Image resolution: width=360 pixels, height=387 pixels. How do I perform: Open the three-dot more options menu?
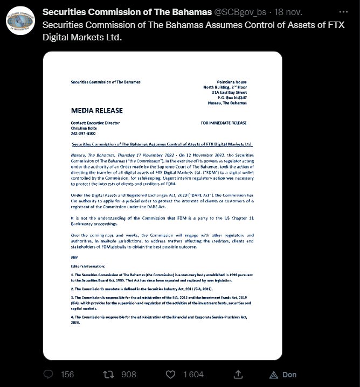[x=343, y=11]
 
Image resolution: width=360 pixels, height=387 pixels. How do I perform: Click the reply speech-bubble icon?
[x=49, y=374]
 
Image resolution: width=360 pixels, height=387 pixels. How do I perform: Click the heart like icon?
[x=170, y=374]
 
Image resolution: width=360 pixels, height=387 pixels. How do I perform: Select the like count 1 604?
[x=193, y=374]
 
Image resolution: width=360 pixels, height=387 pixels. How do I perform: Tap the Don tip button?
[x=283, y=374]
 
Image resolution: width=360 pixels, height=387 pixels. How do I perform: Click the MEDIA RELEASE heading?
[x=97, y=110]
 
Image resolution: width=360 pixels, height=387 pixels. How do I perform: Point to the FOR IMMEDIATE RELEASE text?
[x=224, y=123]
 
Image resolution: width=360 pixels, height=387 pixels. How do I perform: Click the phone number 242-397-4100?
[x=83, y=133]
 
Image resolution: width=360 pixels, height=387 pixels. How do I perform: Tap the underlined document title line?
[x=162, y=145]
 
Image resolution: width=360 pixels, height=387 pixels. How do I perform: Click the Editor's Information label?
[x=88, y=266]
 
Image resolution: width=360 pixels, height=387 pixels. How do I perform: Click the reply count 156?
[x=67, y=374]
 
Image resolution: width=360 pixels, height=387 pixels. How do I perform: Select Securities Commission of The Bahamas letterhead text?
[x=105, y=82]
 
